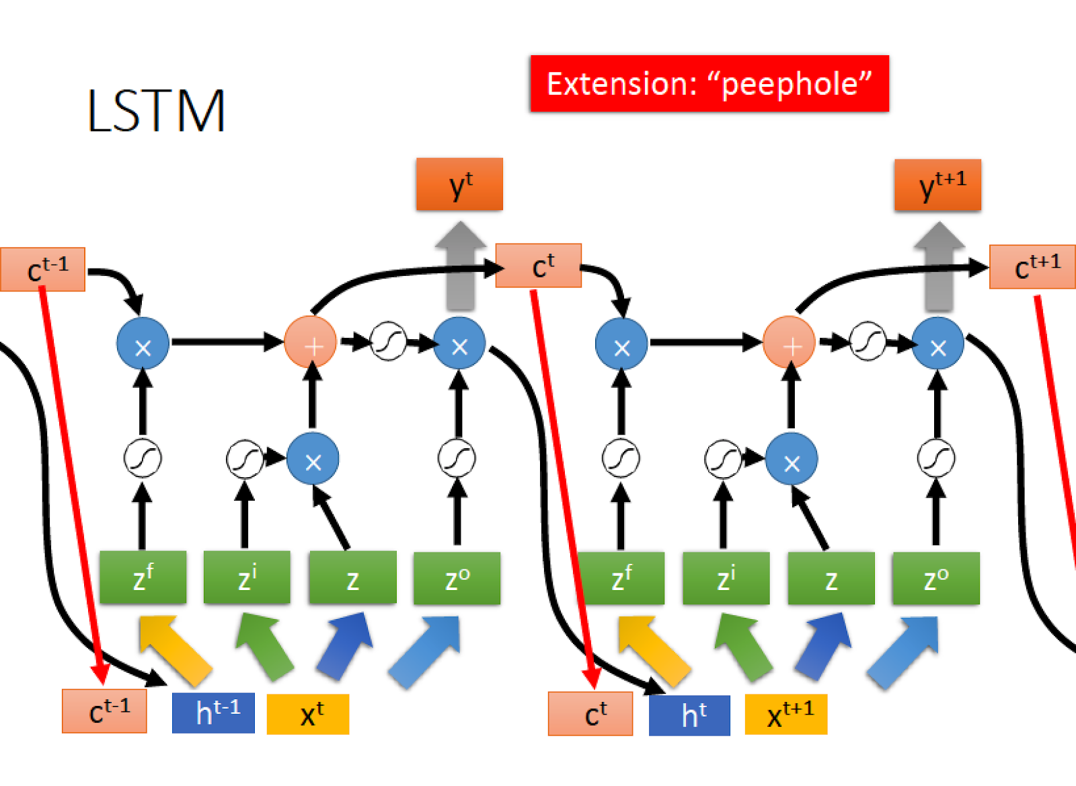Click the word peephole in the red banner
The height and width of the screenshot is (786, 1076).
790,85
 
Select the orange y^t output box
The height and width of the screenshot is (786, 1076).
460,184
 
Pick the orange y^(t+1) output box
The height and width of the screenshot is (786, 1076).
937,185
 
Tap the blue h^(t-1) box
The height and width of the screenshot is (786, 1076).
213,713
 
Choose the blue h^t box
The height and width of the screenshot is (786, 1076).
689,715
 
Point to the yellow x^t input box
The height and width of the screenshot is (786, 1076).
308,714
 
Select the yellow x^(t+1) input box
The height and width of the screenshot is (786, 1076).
786,714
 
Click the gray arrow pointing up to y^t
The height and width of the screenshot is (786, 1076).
461,265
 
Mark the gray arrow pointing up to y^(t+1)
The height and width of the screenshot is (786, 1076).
939,266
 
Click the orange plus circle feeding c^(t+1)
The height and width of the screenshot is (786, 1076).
789,342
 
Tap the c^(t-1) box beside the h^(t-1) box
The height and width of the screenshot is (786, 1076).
104,711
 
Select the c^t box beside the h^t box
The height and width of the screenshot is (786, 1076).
590,713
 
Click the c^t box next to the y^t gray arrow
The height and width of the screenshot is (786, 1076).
539,265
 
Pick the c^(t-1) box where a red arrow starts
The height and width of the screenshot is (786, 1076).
43,269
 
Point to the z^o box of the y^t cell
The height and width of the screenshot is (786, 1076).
457,578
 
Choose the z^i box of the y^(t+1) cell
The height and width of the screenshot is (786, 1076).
726,578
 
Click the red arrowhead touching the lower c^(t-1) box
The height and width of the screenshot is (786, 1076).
100,674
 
